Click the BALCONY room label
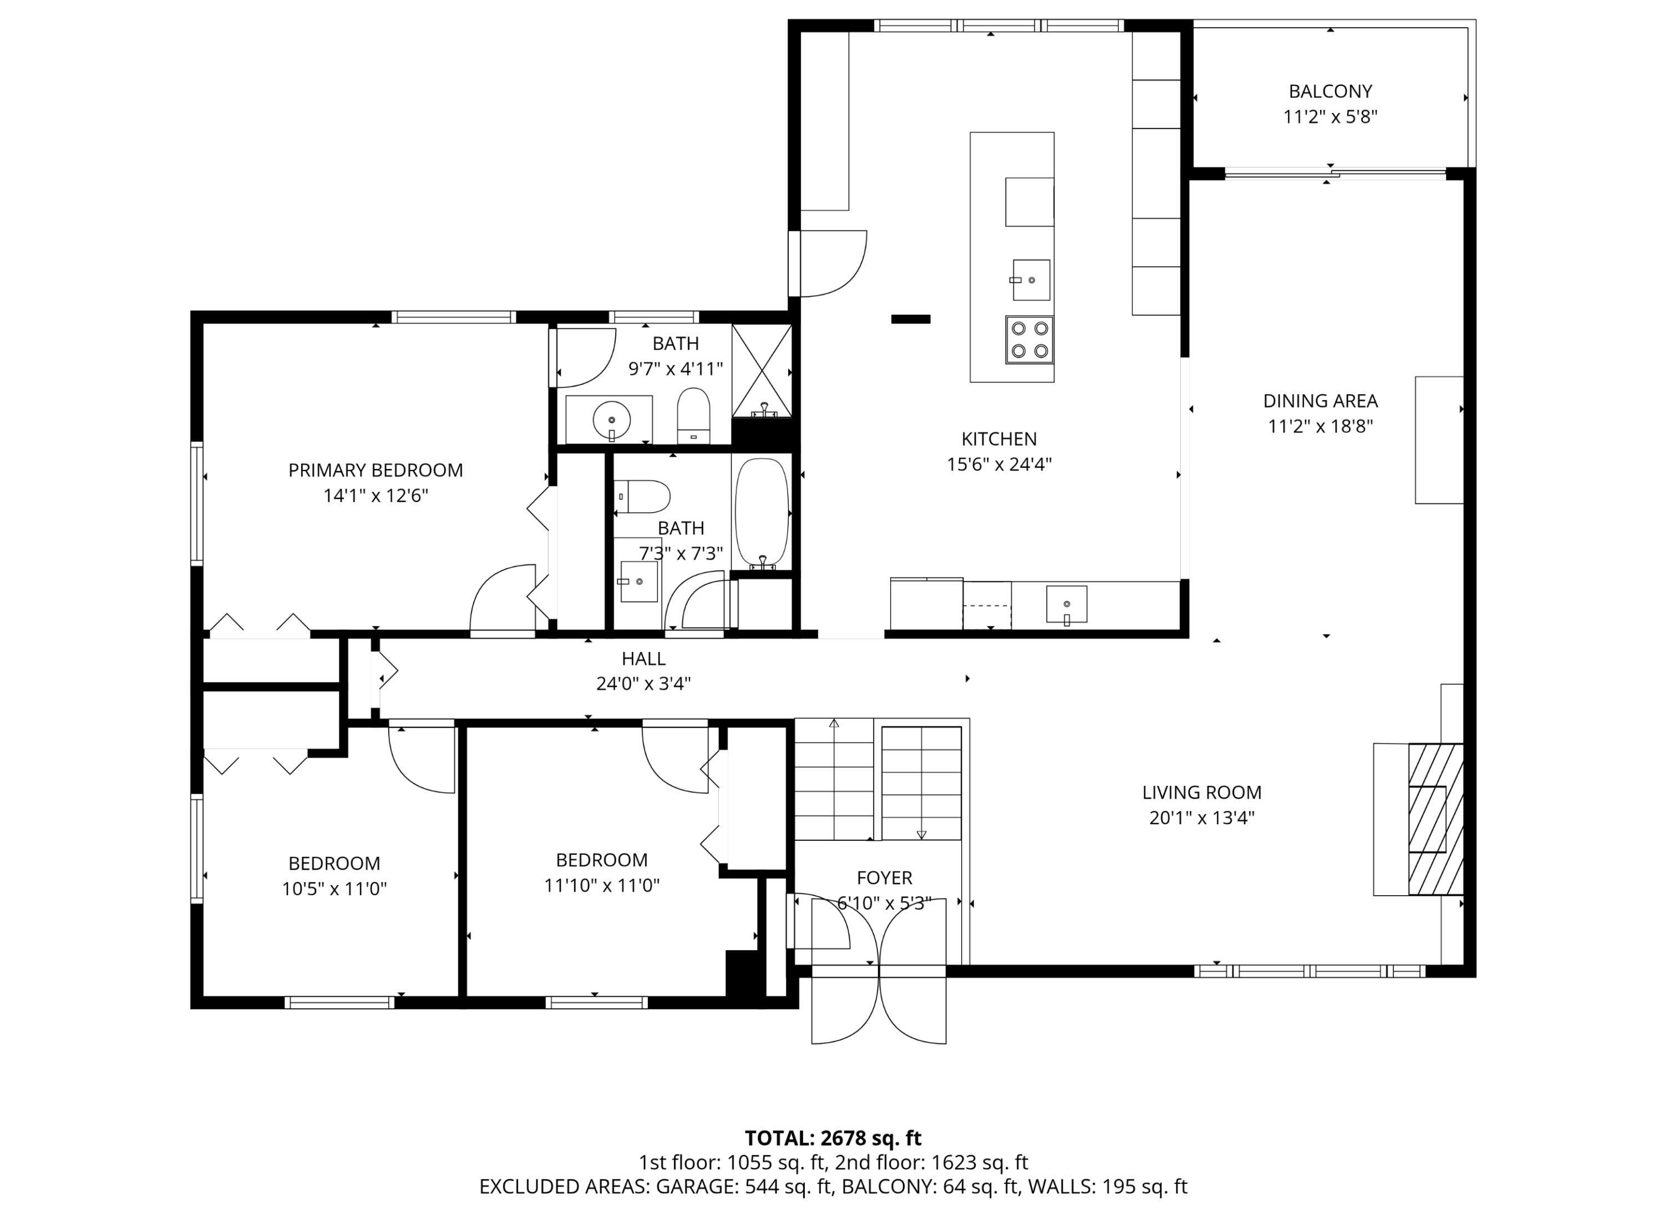point(1330,91)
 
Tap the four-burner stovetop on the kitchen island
point(1029,340)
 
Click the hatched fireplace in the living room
point(1435,819)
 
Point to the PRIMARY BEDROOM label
point(375,471)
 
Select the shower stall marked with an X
point(762,370)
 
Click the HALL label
point(643,658)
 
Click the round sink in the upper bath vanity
point(611,420)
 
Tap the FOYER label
point(884,878)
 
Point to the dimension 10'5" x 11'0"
point(334,889)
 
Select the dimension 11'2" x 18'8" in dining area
point(1320,426)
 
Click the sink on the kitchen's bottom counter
point(1066,604)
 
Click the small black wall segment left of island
point(911,319)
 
